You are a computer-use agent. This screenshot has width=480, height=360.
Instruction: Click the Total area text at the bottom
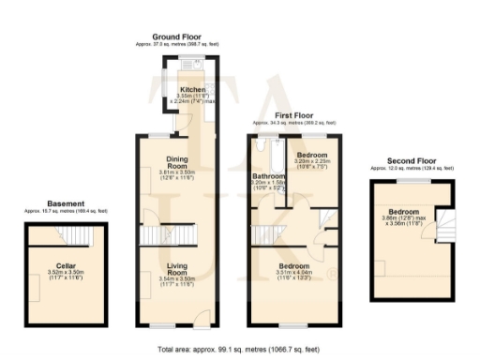pyautogui.click(x=240, y=349)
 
